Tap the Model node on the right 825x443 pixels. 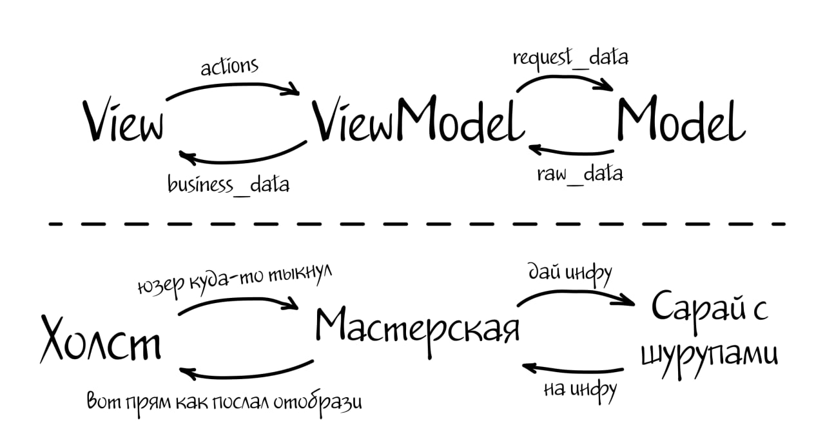point(681,121)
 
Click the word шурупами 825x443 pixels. point(709,353)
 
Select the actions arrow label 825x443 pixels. point(229,66)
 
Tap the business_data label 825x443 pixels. point(228,184)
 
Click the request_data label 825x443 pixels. point(570,57)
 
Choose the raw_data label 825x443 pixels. point(580,174)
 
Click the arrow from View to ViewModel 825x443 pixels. point(232,86)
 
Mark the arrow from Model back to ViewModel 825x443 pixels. point(570,152)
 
